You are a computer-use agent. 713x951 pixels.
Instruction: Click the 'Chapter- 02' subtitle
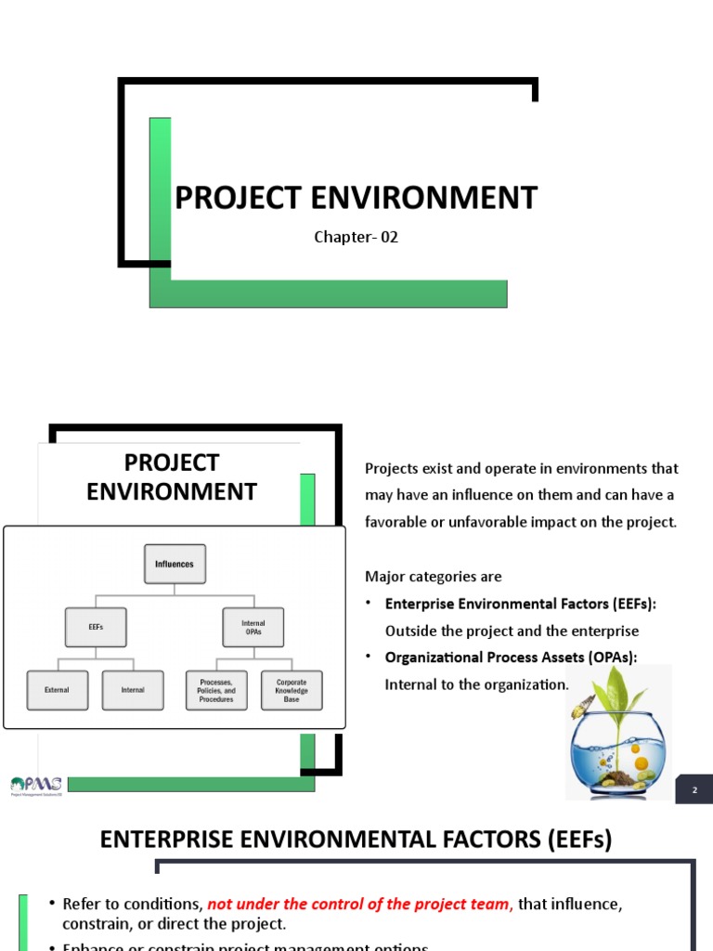(356, 237)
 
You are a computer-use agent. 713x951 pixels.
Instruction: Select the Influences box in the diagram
(175, 564)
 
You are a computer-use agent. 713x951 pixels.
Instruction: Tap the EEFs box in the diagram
(95, 627)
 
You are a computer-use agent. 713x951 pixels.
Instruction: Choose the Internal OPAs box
(253, 628)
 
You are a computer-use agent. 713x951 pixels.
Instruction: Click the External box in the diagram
(57, 690)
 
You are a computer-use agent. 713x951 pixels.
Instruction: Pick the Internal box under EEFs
(132, 690)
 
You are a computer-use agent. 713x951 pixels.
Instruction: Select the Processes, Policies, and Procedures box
(216, 691)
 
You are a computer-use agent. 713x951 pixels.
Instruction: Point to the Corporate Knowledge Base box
(292, 690)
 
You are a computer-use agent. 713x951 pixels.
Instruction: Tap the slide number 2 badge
(694, 789)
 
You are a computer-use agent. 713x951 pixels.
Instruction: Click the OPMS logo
(35, 786)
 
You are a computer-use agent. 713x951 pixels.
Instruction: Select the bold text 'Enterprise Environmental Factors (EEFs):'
(520, 604)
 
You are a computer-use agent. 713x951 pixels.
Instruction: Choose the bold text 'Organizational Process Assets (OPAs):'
(512, 658)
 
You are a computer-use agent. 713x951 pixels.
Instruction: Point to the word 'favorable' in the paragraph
(400, 522)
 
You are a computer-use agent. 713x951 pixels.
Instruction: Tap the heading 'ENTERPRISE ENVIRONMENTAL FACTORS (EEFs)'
(356, 840)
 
